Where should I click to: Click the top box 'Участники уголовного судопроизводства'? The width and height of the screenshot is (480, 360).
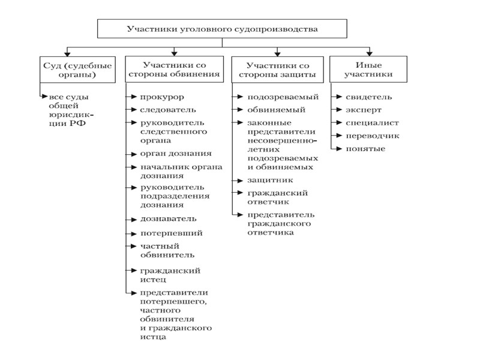pos(221,28)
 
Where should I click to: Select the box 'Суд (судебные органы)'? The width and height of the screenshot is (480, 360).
pos(67,70)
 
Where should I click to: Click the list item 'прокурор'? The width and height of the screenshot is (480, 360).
pos(162,97)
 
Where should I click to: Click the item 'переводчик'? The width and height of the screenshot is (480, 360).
pos(373,136)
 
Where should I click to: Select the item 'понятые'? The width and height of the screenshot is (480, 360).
pos(365,149)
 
